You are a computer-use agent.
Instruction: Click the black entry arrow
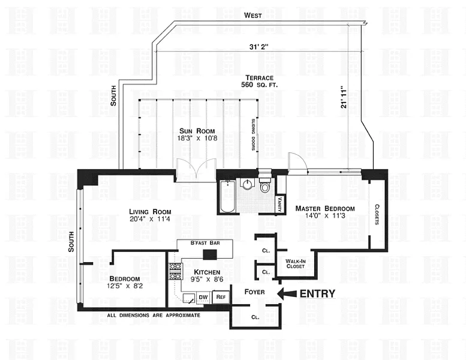pyautogui.click(x=287, y=294)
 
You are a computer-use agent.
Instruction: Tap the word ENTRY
pyautogui.click(x=317, y=294)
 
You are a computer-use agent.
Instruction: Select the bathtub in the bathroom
pyautogui.click(x=228, y=196)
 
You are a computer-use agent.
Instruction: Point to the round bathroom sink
pyautogui.click(x=248, y=185)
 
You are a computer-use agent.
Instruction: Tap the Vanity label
pyautogui.click(x=279, y=204)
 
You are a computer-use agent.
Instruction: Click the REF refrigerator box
pyautogui.click(x=221, y=297)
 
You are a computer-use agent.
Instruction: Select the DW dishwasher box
pyautogui.click(x=203, y=297)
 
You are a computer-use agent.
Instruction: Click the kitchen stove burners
pyautogui.click(x=175, y=272)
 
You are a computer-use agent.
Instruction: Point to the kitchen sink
pyautogui.click(x=189, y=298)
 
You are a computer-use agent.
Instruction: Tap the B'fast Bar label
pyautogui.click(x=205, y=243)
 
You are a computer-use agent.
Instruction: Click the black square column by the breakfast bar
pyautogui.click(x=210, y=255)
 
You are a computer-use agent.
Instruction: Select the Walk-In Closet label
pyautogui.click(x=296, y=263)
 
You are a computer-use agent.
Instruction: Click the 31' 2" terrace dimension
pyautogui.click(x=259, y=47)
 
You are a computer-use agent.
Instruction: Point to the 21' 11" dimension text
pyautogui.click(x=344, y=97)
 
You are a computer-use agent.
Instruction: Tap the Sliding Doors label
pyautogui.click(x=254, y=134)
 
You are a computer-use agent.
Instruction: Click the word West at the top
pyautogui.click(x=253, y=16)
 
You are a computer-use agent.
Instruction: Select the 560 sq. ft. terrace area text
pyautogui.click(x=260, y=85)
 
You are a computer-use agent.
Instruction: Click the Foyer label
pyautogui.click(x=255, y=292)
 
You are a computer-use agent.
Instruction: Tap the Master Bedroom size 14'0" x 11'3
pyautogui.click(x=325, y=216)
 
